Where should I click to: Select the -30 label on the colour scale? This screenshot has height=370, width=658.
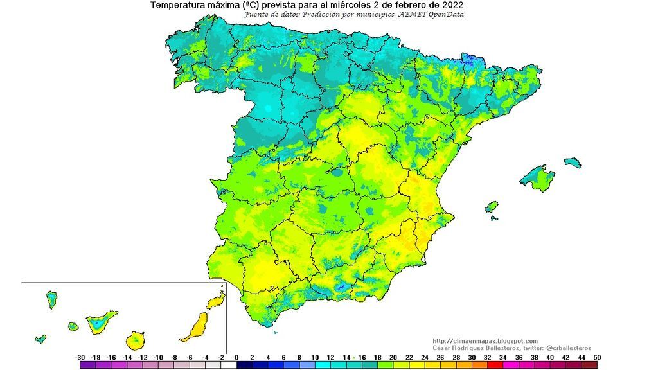click(x=80, y=357)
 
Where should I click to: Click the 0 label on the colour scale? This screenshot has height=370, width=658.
click(x=236, y=357)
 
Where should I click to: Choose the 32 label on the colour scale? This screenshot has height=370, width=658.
click(x=488, y=357)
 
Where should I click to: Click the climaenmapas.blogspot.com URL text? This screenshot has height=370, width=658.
click(x=485, y=341)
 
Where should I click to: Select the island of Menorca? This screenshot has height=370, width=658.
click(x=572, y=162)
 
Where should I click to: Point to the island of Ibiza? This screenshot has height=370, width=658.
click(x=492, y=207)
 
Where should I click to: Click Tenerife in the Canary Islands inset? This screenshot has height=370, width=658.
click(x=102, y=321)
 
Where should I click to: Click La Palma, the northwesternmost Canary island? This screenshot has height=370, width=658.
click(x=51, y=299)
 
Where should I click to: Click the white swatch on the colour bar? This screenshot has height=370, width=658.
click(x=229, y=365)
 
